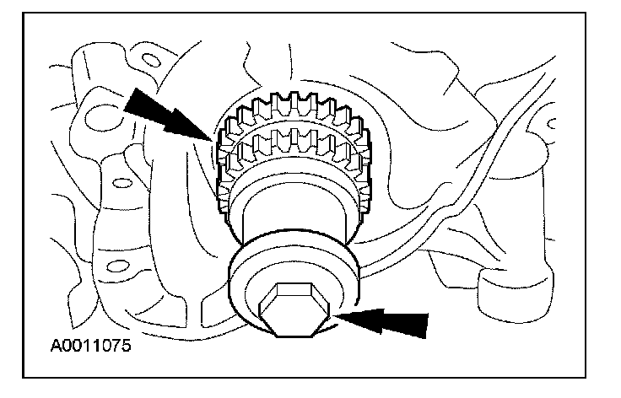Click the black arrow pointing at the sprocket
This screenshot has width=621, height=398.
tap(170, 113)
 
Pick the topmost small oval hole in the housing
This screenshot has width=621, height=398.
tap(151, 59)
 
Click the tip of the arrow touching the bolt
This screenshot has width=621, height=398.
tap(337, 319)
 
